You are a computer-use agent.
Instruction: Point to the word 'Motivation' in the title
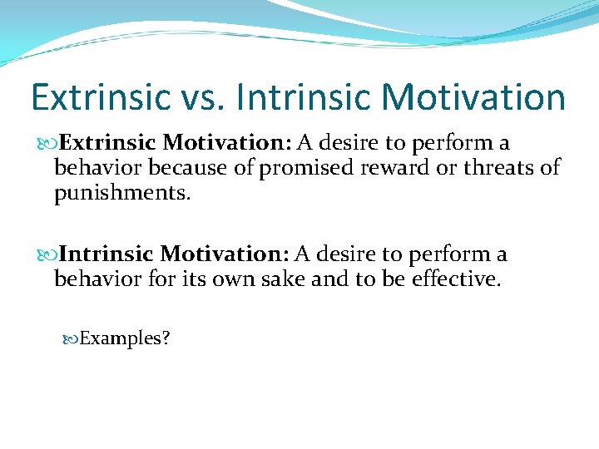point(474,96)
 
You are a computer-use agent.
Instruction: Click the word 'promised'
point(307,169)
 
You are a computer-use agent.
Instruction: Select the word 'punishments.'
point(122,194)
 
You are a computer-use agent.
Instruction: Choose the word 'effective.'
point(456,279)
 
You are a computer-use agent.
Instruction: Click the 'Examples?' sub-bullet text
point(125,338)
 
